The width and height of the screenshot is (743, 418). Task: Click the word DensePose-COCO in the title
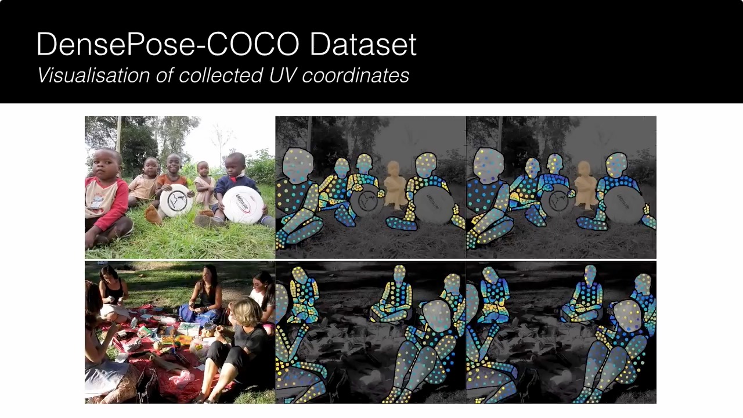point(168,44)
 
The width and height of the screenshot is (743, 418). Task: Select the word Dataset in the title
point(363,44)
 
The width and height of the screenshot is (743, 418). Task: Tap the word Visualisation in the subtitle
point(94,75)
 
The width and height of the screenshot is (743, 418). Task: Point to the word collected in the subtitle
point(221,75)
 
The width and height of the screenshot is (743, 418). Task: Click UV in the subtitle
point(282,75)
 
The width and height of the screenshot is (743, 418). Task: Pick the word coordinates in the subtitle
point(355,76)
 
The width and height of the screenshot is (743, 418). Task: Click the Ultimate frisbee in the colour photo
point(243,204)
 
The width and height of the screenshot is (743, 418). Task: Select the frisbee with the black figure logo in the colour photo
point(176,200)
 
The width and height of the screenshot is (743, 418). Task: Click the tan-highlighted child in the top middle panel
point(395,184)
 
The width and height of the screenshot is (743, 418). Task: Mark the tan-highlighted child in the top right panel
point(586,184)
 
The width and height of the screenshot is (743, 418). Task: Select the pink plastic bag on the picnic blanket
point(182,379)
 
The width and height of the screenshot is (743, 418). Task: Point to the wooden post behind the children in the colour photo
point(118,134)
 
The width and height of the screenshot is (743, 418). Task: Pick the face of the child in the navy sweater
point(235,166)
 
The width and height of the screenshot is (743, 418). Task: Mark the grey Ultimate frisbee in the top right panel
point(624,204)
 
